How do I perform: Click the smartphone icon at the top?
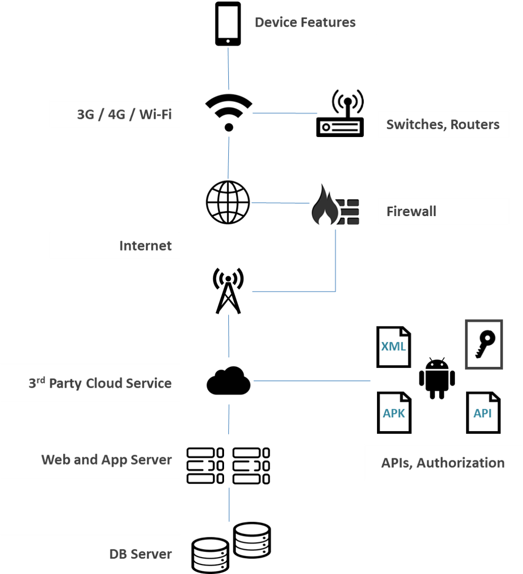point(228,24)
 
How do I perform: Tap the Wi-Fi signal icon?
point(228,112)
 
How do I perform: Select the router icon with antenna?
point(340,114)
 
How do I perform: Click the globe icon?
point(228,202)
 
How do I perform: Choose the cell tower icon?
point(228,291)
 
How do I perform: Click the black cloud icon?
point(228,380)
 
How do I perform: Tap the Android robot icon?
point(437,379)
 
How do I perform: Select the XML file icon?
point(393,347)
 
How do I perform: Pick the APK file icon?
point(394,413)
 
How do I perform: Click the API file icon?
point(483,413)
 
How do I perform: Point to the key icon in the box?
point(484,345)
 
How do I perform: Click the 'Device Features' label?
point(305,22)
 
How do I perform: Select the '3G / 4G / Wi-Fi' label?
point(124,114)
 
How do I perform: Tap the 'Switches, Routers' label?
point(443,124)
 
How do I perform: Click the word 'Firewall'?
point(411,211)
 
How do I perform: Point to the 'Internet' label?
point(145,246)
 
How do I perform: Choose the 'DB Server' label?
point(141,554)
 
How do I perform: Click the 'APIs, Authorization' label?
point(443,463)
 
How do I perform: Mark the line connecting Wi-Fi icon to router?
point(285,113)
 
